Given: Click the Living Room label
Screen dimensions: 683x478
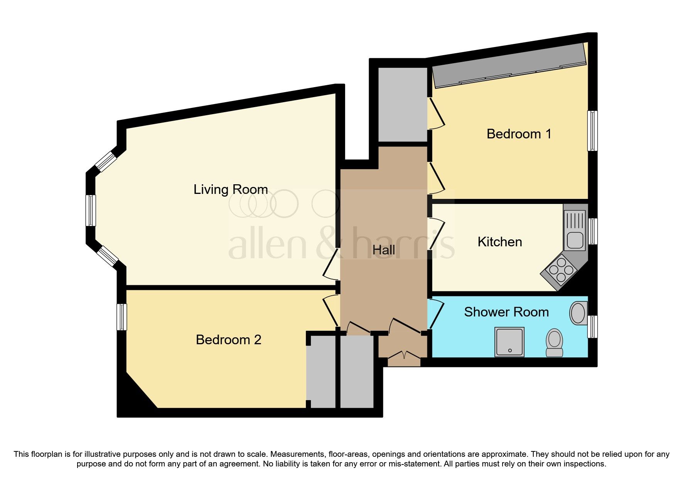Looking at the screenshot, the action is (231, 189).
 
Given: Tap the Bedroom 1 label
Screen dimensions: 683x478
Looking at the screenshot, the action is (519, 134).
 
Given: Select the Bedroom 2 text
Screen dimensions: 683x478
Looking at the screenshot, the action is (228, 340).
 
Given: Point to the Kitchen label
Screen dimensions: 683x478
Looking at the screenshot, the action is (500, 242).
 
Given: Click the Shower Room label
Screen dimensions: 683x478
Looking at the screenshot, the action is (506, 312).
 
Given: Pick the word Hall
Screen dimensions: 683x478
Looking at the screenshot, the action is (384, 250).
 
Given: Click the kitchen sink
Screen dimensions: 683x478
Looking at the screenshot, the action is (575, 231).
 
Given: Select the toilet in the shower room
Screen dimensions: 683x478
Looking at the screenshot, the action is (555, 342).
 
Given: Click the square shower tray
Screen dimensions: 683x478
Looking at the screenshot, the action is (509, 342).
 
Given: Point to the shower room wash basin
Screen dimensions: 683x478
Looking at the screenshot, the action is (578, 313).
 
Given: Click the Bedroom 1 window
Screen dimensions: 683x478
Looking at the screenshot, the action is (592, 131).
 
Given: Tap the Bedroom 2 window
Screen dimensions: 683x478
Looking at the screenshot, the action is (122, 317).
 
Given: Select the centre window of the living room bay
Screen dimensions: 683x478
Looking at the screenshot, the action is (91, 210).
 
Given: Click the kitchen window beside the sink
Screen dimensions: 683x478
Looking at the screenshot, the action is (593, 231).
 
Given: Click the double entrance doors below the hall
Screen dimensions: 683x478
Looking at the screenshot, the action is (404, 358).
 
